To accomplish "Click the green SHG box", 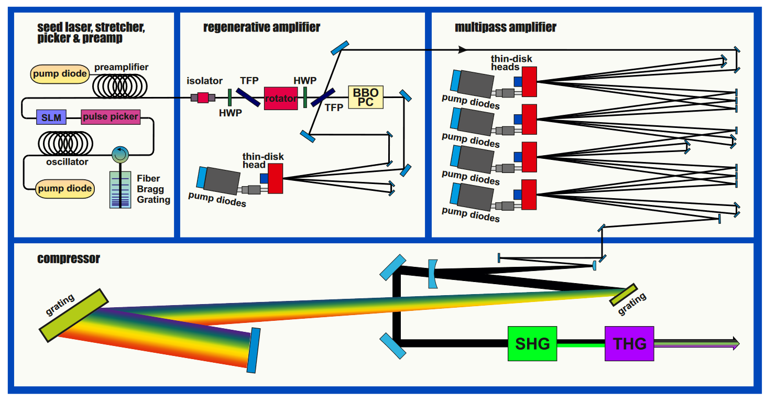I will coord(532,343).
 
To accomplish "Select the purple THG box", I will coord(629,343).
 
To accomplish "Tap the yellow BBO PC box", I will coord(366,98).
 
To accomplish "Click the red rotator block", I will coord(281,98).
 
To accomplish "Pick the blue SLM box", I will coord(51,117).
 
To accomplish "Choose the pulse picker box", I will coord(111,116).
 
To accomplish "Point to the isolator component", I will coord(203,97).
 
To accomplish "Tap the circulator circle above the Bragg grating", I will coord(120,154).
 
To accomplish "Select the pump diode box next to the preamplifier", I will coord(60,74).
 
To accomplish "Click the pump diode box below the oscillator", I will coord(64,188).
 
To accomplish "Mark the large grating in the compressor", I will coord(74,314).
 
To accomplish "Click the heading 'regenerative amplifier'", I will coord(261,27).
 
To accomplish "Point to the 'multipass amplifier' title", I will coord(505,27).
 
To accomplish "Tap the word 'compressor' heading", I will coord(69,258).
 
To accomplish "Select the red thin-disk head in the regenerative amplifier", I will coord(276,178).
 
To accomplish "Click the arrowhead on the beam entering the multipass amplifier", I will coord(463,50).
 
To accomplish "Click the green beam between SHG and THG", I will coord(581,344).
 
